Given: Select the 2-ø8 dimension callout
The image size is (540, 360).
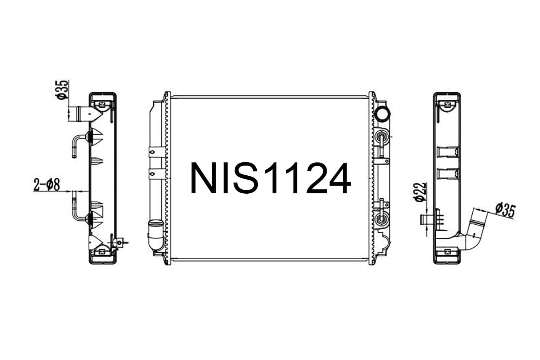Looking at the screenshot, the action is click(x=46, y=185).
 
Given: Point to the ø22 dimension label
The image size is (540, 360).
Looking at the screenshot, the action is click(x=420, y=192).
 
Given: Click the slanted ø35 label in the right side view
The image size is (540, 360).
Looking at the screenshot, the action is click(x=505, y=210).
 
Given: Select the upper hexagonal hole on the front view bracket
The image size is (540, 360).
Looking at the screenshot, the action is click(x=152, y=152).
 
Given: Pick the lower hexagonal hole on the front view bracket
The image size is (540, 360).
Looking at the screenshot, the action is click(x=152, y=174).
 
